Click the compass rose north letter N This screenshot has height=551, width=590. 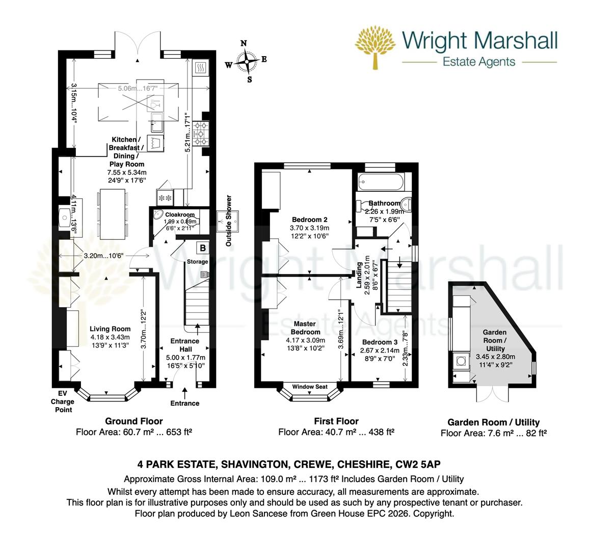tap(244, 44)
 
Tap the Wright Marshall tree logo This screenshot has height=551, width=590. tap(377, 48)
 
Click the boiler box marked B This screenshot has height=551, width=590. tap(202, 248)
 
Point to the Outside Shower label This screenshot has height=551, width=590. tap(229, 221)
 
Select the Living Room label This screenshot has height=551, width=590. tap(110, 329)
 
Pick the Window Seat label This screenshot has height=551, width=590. tap(310, 387)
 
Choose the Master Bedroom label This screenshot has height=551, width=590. tap(306, 328)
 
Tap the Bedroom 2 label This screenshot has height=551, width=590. tap(309, 220)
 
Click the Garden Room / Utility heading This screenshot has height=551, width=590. tap(493, 422)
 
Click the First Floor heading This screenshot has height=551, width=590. tap(336, 421)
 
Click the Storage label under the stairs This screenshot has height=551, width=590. tap(197, 262)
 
